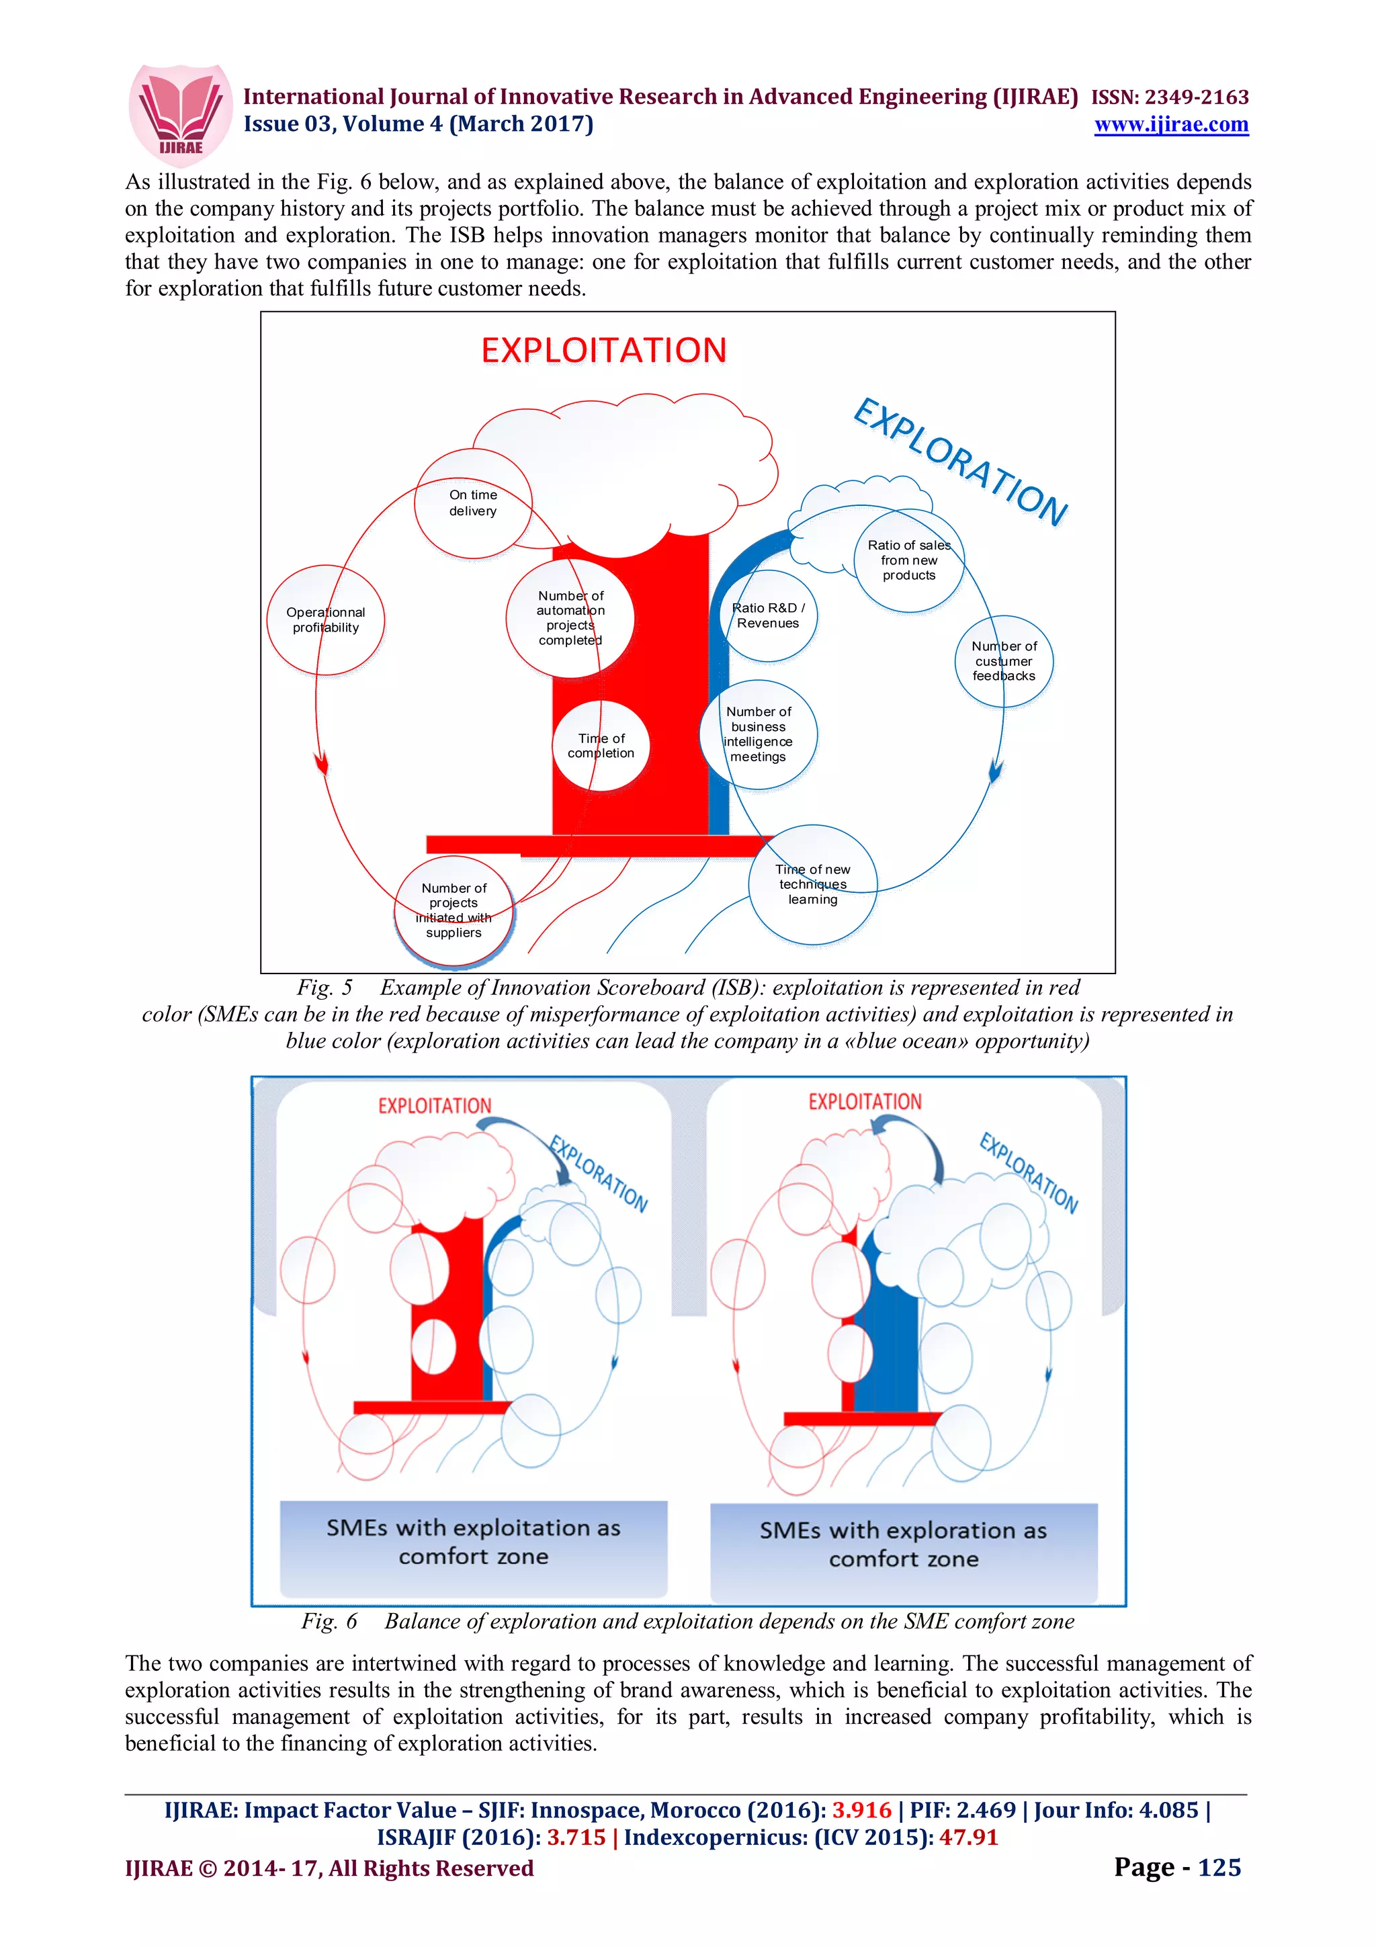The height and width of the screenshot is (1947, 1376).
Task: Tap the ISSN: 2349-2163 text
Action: (1169, 97)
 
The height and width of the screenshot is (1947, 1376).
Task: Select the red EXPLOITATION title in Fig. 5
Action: (603, 350)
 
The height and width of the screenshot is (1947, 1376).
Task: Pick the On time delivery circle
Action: (473, 504)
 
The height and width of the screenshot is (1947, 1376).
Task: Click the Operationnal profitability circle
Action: (326, 620)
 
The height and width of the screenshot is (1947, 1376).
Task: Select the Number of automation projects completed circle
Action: (570, 618)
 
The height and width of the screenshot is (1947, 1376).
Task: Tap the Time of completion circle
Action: (601, 746)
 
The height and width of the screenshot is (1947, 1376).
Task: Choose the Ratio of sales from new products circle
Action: (909, 560)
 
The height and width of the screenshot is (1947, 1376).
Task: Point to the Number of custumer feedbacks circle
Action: (1004, 662)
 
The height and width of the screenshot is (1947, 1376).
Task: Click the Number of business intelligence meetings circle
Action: (758, 734)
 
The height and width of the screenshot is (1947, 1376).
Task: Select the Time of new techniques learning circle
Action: (812, 884)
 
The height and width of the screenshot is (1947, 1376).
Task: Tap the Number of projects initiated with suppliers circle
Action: (454, 911)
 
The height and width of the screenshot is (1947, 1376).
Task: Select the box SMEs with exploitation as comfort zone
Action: (473, 1542)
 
